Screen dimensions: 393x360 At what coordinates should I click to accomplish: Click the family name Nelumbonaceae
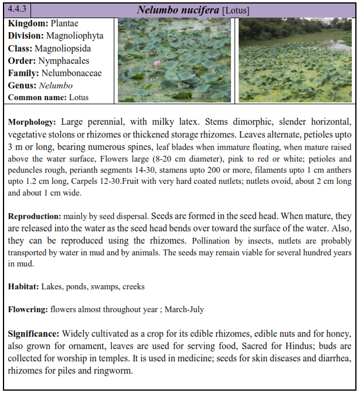[72, 73]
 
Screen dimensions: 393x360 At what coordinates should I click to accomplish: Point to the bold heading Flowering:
[29, 309]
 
